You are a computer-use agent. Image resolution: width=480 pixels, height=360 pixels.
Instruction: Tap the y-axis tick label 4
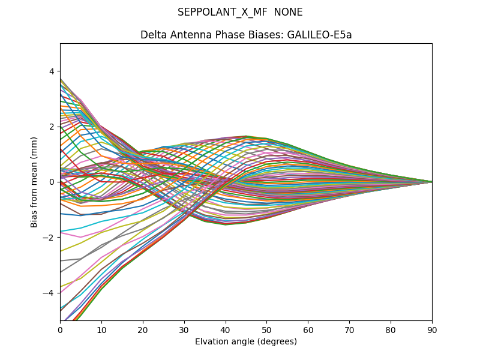[x=51, y=71]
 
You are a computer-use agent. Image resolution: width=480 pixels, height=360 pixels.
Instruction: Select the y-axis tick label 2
[x=51, y=127]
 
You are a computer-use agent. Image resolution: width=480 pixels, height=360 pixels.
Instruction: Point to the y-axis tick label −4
[x=49, y=293]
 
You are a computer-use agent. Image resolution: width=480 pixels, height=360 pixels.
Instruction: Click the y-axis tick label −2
[x=49, y=238]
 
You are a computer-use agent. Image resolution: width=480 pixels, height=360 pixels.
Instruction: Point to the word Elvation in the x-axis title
[x=212, y=342]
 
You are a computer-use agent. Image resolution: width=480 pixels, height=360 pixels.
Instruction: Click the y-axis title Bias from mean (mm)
[x=34, y=182]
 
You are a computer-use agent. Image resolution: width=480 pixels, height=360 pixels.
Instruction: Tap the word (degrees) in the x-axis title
[x=277, y=342]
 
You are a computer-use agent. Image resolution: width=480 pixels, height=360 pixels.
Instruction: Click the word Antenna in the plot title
[x=188, y=35]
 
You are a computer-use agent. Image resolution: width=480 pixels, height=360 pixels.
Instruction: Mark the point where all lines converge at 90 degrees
[x=431, y=182]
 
